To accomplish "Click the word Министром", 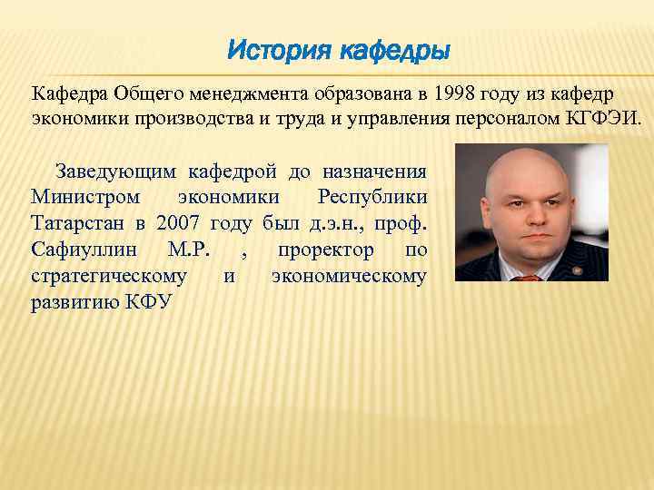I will pyautogui.click(x=85, y=197).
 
